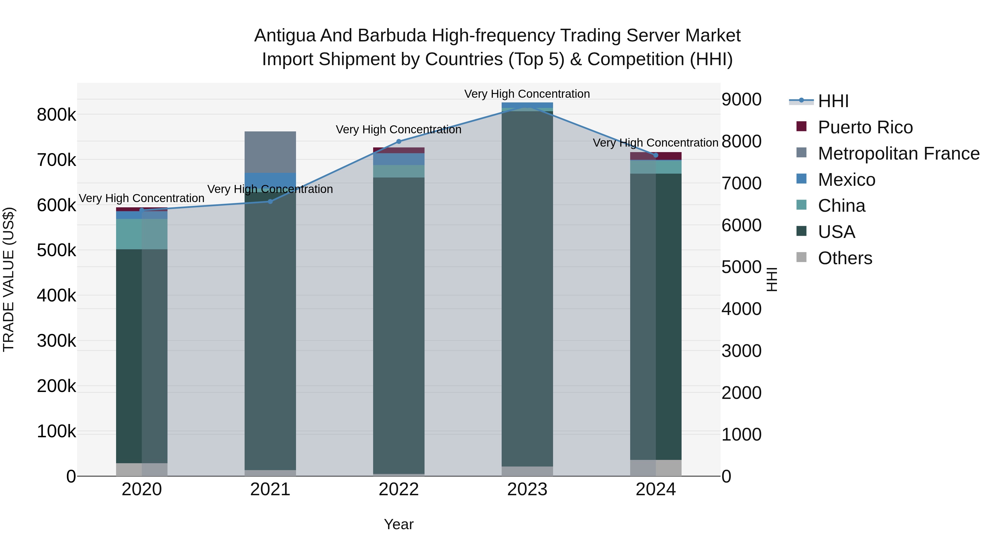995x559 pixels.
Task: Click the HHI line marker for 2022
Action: point(399,142)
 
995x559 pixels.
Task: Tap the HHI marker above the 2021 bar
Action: point(270,202)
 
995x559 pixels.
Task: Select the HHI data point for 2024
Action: point(656,155)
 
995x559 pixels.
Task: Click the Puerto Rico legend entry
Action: point(865,127)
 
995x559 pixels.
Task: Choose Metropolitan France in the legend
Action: point(899,153)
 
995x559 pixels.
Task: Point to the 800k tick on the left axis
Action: point(56,115)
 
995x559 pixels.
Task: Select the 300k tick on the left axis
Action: point(56,341)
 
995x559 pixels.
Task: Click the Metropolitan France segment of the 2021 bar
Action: point(270,152)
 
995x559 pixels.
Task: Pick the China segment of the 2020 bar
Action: point(142,234)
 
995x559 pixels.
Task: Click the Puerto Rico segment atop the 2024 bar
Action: point(656,156)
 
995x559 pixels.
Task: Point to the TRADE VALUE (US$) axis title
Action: point(9,279)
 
